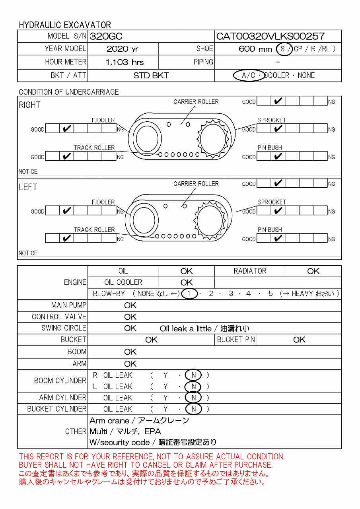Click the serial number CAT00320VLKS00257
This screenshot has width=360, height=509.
270,37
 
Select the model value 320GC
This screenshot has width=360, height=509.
106,37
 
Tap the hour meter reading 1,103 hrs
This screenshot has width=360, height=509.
125,62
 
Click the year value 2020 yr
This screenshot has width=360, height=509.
123,49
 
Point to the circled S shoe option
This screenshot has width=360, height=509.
283,49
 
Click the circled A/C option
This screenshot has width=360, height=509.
248,75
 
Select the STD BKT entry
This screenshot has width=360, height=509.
151,76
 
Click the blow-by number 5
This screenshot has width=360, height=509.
270,294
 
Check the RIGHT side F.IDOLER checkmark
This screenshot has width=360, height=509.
67,129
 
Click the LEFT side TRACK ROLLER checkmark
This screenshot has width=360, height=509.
67,239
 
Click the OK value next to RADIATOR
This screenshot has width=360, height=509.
313,271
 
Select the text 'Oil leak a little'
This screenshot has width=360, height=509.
185,328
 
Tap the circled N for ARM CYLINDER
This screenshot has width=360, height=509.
193,398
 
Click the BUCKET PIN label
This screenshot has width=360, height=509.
235,340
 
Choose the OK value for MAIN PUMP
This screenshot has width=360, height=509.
130,305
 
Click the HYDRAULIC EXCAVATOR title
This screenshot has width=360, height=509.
65,25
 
